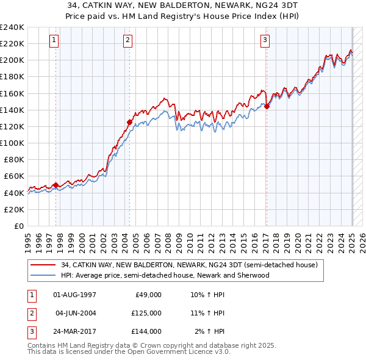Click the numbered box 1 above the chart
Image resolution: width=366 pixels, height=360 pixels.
click(x=54, y=41)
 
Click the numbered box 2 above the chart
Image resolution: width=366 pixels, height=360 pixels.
click(x=128, y=41)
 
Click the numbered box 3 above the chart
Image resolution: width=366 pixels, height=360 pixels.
click(x=265, y=41)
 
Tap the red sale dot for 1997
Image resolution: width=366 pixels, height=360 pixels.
click(x=56, y=185)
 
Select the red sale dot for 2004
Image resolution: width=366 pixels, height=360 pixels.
click(x=129, y=122)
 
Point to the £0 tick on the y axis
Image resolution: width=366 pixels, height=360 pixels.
click(x=19, y=226)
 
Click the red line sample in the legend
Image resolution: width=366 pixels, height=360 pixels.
click(x=42, y=265)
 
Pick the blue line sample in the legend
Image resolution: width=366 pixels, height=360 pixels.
click(x=42, y=275)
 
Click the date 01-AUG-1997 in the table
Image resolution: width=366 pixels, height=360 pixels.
click(x=74, y=294)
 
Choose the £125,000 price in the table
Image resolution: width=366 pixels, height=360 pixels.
click(x=146, y=313)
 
